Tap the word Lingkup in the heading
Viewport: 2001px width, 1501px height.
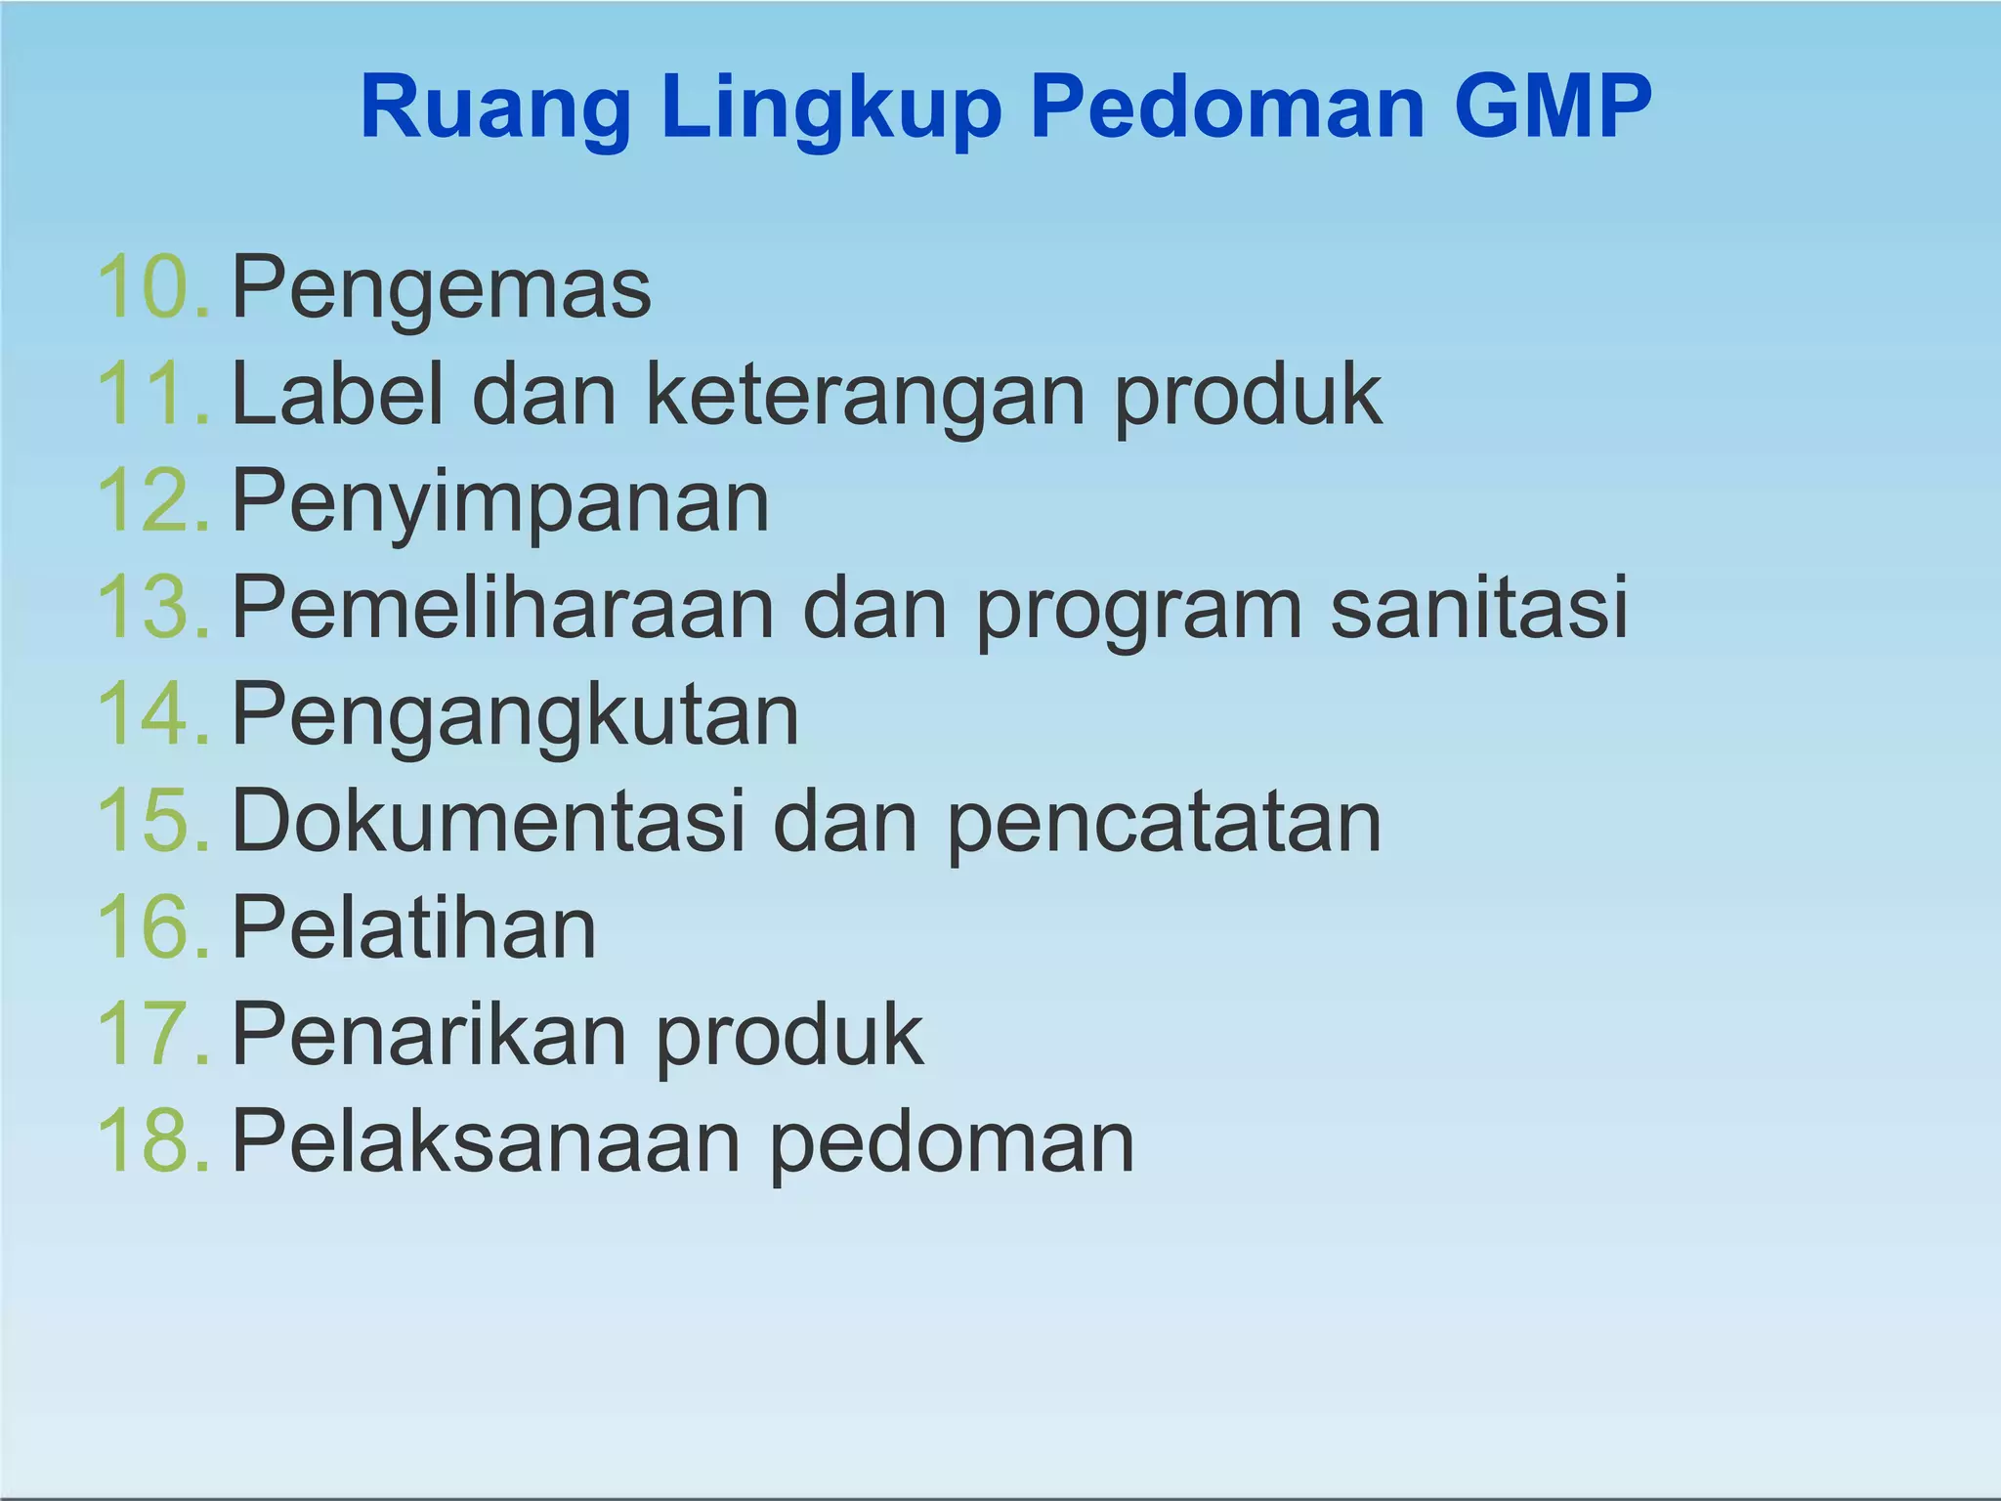pos(831,109)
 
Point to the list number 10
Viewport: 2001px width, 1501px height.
pos(151,287)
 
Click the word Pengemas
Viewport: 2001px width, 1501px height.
pos(442,289)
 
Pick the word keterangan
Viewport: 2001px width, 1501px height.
pos(866,396)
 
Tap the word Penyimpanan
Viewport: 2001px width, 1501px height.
pos(500,503)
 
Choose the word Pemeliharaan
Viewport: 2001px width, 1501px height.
pos(503,608)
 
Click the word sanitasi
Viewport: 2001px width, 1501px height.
pos(1479,608)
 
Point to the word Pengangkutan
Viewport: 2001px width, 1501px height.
pos(515,716)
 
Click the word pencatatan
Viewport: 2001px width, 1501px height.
pos(1164,824)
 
